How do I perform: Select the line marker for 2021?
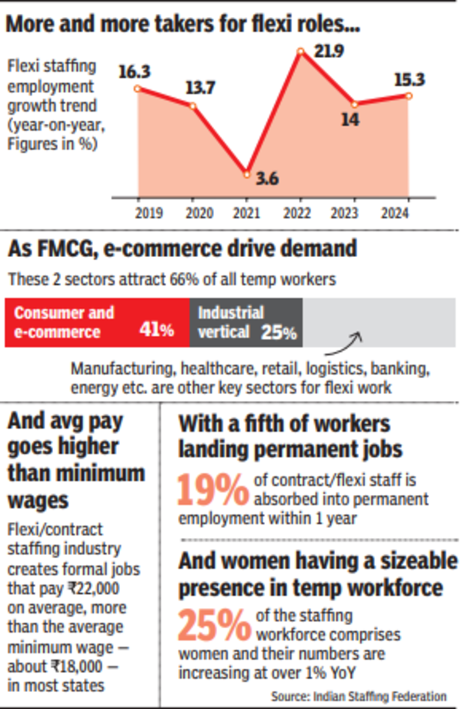coord(246,173)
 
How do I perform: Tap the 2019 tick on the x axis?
coord(139,212)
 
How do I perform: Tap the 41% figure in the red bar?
coord(156,332)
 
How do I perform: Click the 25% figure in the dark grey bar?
coord(280,332)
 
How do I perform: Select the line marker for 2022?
coord(302,52)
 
